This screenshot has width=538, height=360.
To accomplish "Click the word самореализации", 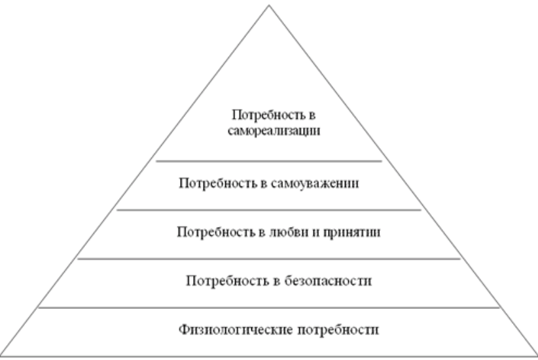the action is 269,131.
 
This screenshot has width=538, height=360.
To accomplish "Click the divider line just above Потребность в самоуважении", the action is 269,160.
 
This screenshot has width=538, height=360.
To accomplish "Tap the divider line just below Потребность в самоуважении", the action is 269,210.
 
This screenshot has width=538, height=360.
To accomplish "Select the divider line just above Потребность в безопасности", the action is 269,259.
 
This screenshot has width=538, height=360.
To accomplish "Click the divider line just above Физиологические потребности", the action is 269,307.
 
